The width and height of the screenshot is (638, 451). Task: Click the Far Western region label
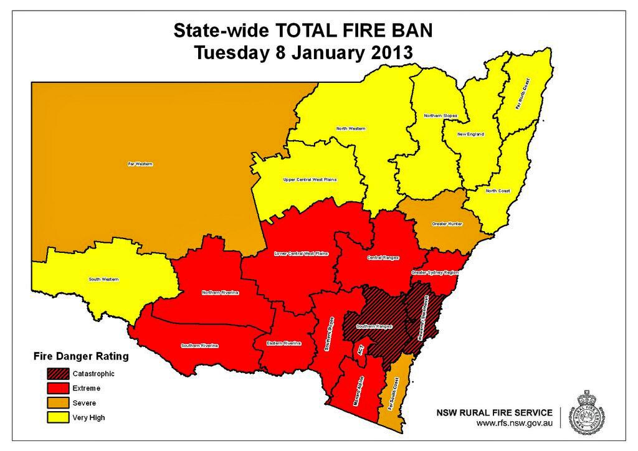(140, 164)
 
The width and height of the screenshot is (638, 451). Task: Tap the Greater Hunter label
(447, 224)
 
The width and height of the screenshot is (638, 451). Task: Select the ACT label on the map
(360, 351)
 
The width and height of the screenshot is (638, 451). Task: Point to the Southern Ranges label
(374, 326)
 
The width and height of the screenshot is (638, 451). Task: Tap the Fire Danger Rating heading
(80, 357)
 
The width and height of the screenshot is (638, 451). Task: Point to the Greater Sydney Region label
(435, 273)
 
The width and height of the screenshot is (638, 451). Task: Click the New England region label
(470, 134)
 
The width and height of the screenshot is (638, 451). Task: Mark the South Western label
(103, 279)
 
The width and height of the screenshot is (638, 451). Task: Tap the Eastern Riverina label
(283, 343)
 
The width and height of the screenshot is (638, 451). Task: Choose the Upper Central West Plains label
(310, 179)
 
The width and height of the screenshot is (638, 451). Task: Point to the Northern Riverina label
(221, 293)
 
